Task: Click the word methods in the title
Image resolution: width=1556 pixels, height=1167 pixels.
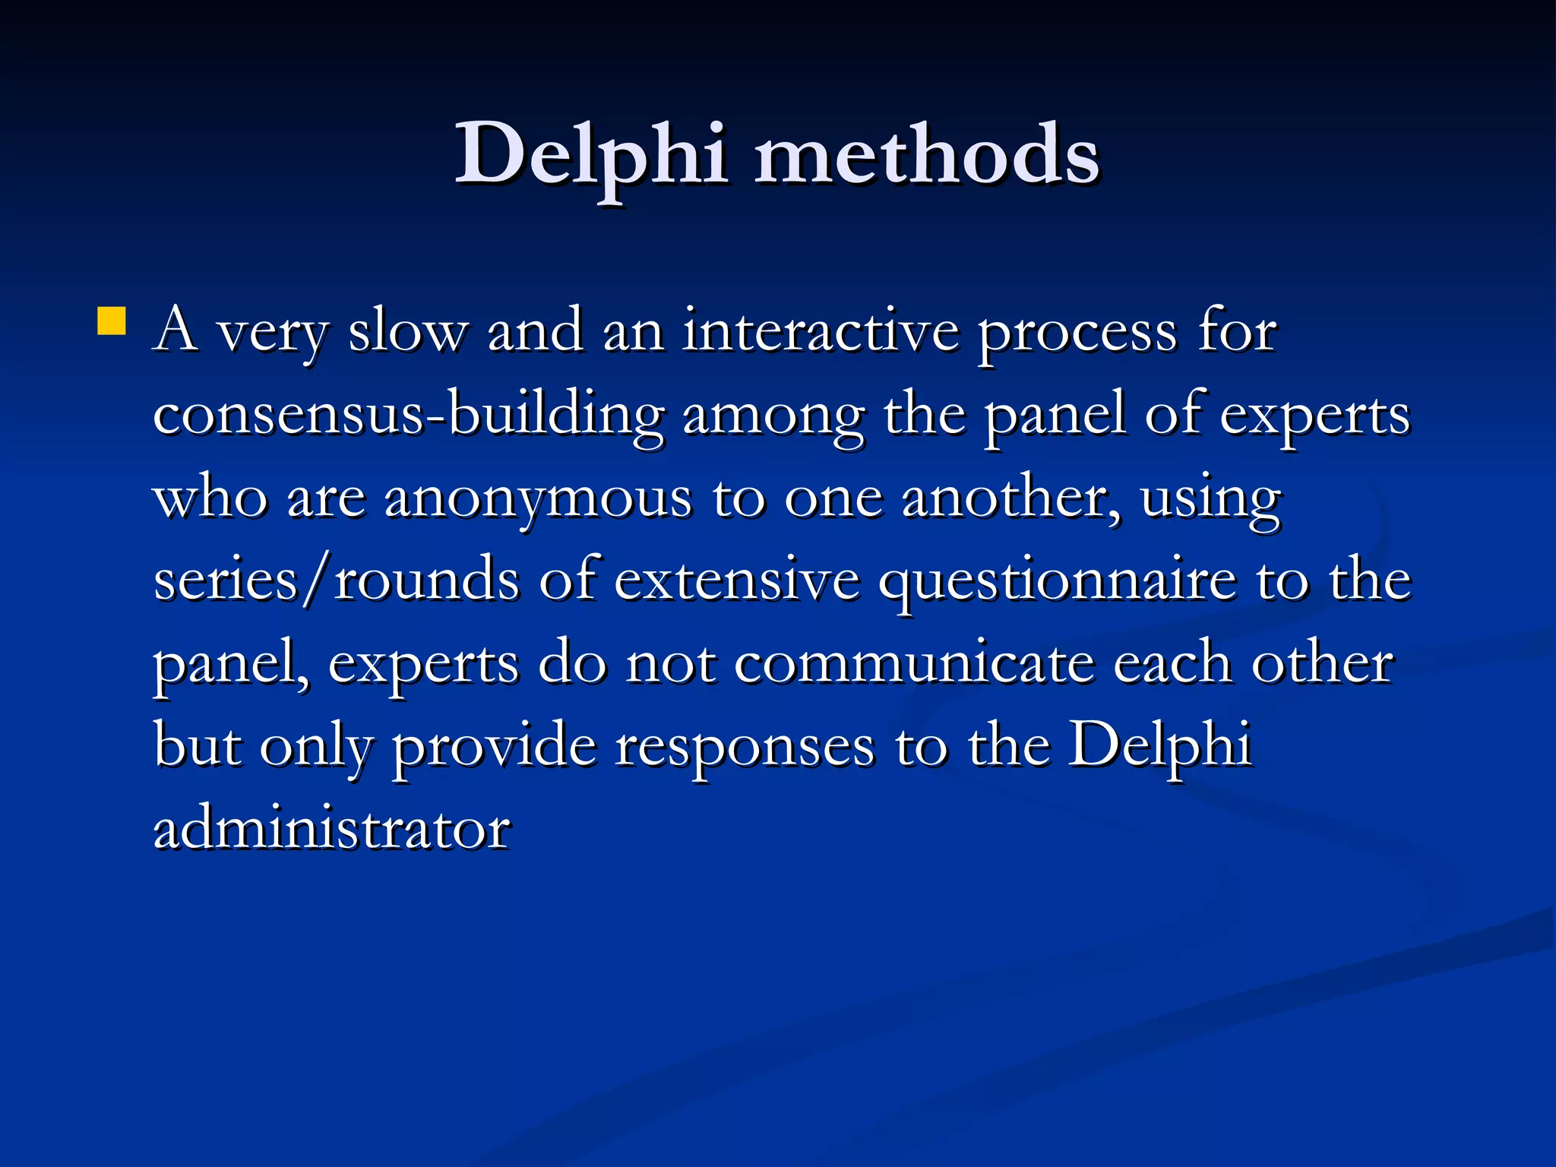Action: (926, 156)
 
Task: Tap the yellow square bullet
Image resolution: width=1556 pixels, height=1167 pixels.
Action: (112, 321)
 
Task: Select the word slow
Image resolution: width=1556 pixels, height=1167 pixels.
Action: (408, 332)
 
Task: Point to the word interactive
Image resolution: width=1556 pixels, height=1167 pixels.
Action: (821, 332)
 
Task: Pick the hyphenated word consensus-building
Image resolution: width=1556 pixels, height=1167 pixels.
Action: (409, 416)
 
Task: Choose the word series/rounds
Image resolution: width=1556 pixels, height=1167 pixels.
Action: (337, 582)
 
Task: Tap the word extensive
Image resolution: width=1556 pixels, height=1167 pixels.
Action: (736, 582)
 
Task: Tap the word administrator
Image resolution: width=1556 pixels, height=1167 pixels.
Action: (332, 830)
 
